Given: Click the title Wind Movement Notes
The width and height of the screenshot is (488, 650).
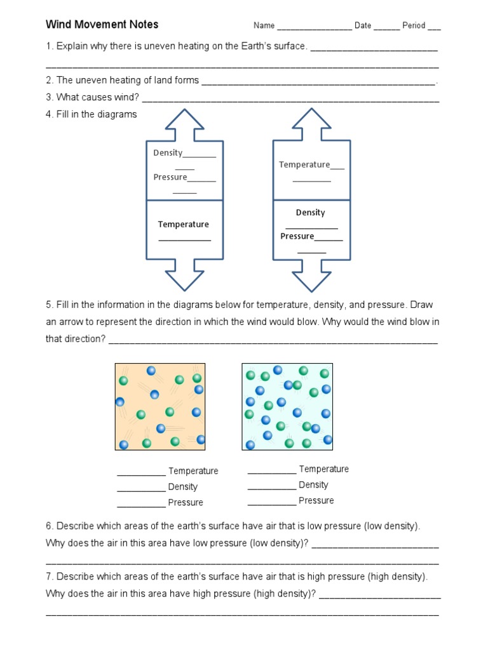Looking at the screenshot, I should (x=102, y=25).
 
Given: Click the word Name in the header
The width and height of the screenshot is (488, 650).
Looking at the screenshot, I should (x=264, y=25).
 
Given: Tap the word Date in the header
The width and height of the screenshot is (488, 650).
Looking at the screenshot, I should (x=363, y=25).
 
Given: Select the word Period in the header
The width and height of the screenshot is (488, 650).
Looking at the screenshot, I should (x=414, y=25).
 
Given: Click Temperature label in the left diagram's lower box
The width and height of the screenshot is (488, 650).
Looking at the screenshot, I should (x=183, y=224).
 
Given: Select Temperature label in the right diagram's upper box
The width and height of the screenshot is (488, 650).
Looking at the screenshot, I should (x=304, y=164).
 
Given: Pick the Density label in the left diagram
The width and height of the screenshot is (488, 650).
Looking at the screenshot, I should (x=168, y=153).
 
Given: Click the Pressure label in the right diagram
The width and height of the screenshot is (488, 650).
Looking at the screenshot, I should (x=297, y=236).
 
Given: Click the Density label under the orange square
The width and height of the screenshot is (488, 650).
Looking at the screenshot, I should (x=182, y=487).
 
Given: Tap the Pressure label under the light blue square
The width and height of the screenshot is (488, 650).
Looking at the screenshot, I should (x=316, y=501).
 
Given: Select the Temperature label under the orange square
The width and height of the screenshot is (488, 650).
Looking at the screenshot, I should (x=193, y=471).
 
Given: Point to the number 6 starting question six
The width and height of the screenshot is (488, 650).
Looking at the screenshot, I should (x=48, y=526).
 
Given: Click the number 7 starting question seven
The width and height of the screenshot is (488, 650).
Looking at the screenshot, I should (x=48, y=576).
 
